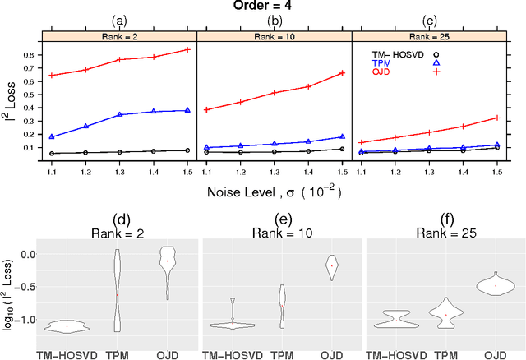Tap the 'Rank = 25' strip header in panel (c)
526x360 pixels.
pyautogui.click(x=429, y=36)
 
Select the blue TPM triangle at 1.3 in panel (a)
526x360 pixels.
pyautogui.click(x=120, y=115)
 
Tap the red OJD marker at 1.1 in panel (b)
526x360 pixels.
pyautogui.click(x=207, y=110)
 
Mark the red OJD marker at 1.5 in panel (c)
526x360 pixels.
pyautogui.click(x=496, y=118)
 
